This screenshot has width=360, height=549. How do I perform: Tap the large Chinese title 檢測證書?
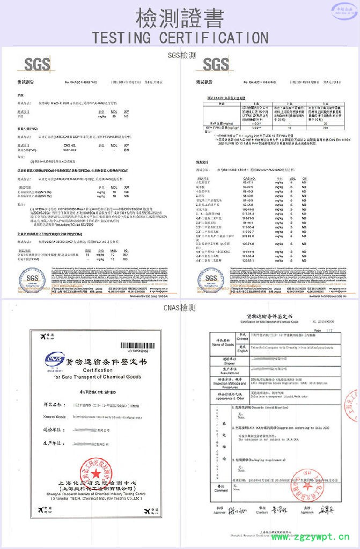pos(180,17)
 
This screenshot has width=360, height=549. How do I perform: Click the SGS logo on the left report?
pos(37,65)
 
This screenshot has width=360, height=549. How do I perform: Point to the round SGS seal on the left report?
pos(33,279)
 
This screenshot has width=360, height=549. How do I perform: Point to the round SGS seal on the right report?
pos(211,279)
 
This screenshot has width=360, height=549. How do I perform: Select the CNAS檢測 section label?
pos(180,308)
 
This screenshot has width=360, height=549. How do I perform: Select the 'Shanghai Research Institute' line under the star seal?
pos(95,493)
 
